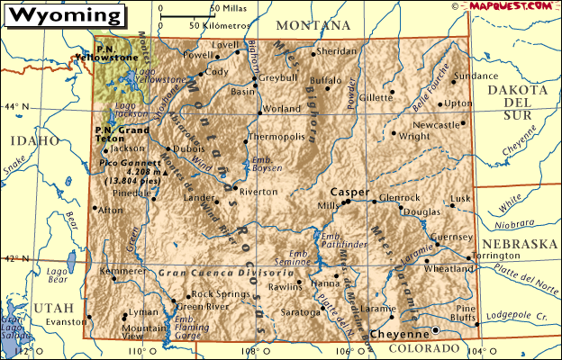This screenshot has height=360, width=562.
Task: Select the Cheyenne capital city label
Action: tap(394, 333)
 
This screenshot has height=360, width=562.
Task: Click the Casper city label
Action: tap(349, 192)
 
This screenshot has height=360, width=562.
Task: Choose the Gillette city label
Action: tap(376, 97)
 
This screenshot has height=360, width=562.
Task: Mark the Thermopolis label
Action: tap(276, 138)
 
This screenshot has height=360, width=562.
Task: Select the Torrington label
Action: tap(496, 256)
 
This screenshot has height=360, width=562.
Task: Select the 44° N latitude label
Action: tap(16, 107)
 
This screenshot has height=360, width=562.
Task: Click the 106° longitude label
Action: tap(345, 351)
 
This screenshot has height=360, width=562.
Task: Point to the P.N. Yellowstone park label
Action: tap(117, 53)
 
